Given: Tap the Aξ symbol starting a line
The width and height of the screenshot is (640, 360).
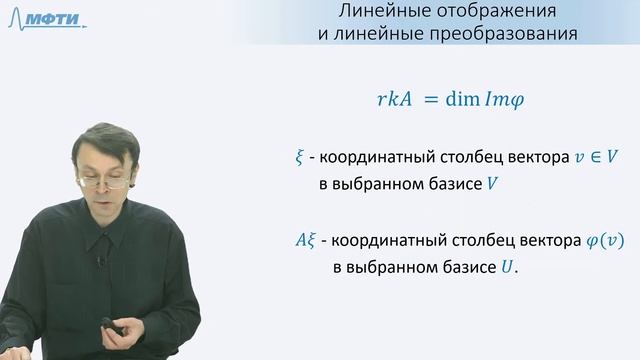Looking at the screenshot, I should tap(300, 242).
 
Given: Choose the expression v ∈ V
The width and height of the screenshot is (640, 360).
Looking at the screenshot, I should tap(565, 159).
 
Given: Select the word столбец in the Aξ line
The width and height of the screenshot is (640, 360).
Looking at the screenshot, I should tap(470, 242).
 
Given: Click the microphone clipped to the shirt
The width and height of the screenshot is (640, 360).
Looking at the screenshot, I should tap(100, 261).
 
